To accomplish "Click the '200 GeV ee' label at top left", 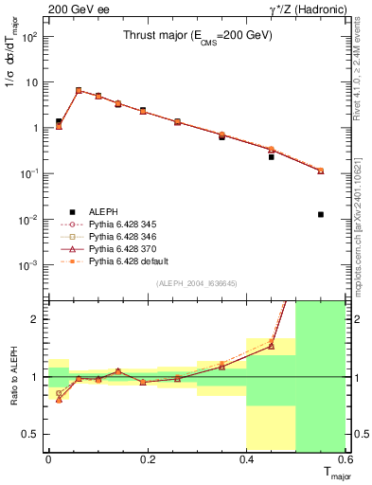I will (x=73, y=9).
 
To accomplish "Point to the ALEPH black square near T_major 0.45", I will (x=272, y=156).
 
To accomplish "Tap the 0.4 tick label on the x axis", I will (x=247, y=459).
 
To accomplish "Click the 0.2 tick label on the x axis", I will (x=148, y=459).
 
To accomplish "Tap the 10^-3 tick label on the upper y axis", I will (x=28, y=265).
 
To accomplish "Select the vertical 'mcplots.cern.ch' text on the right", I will (x=361, y=218).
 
